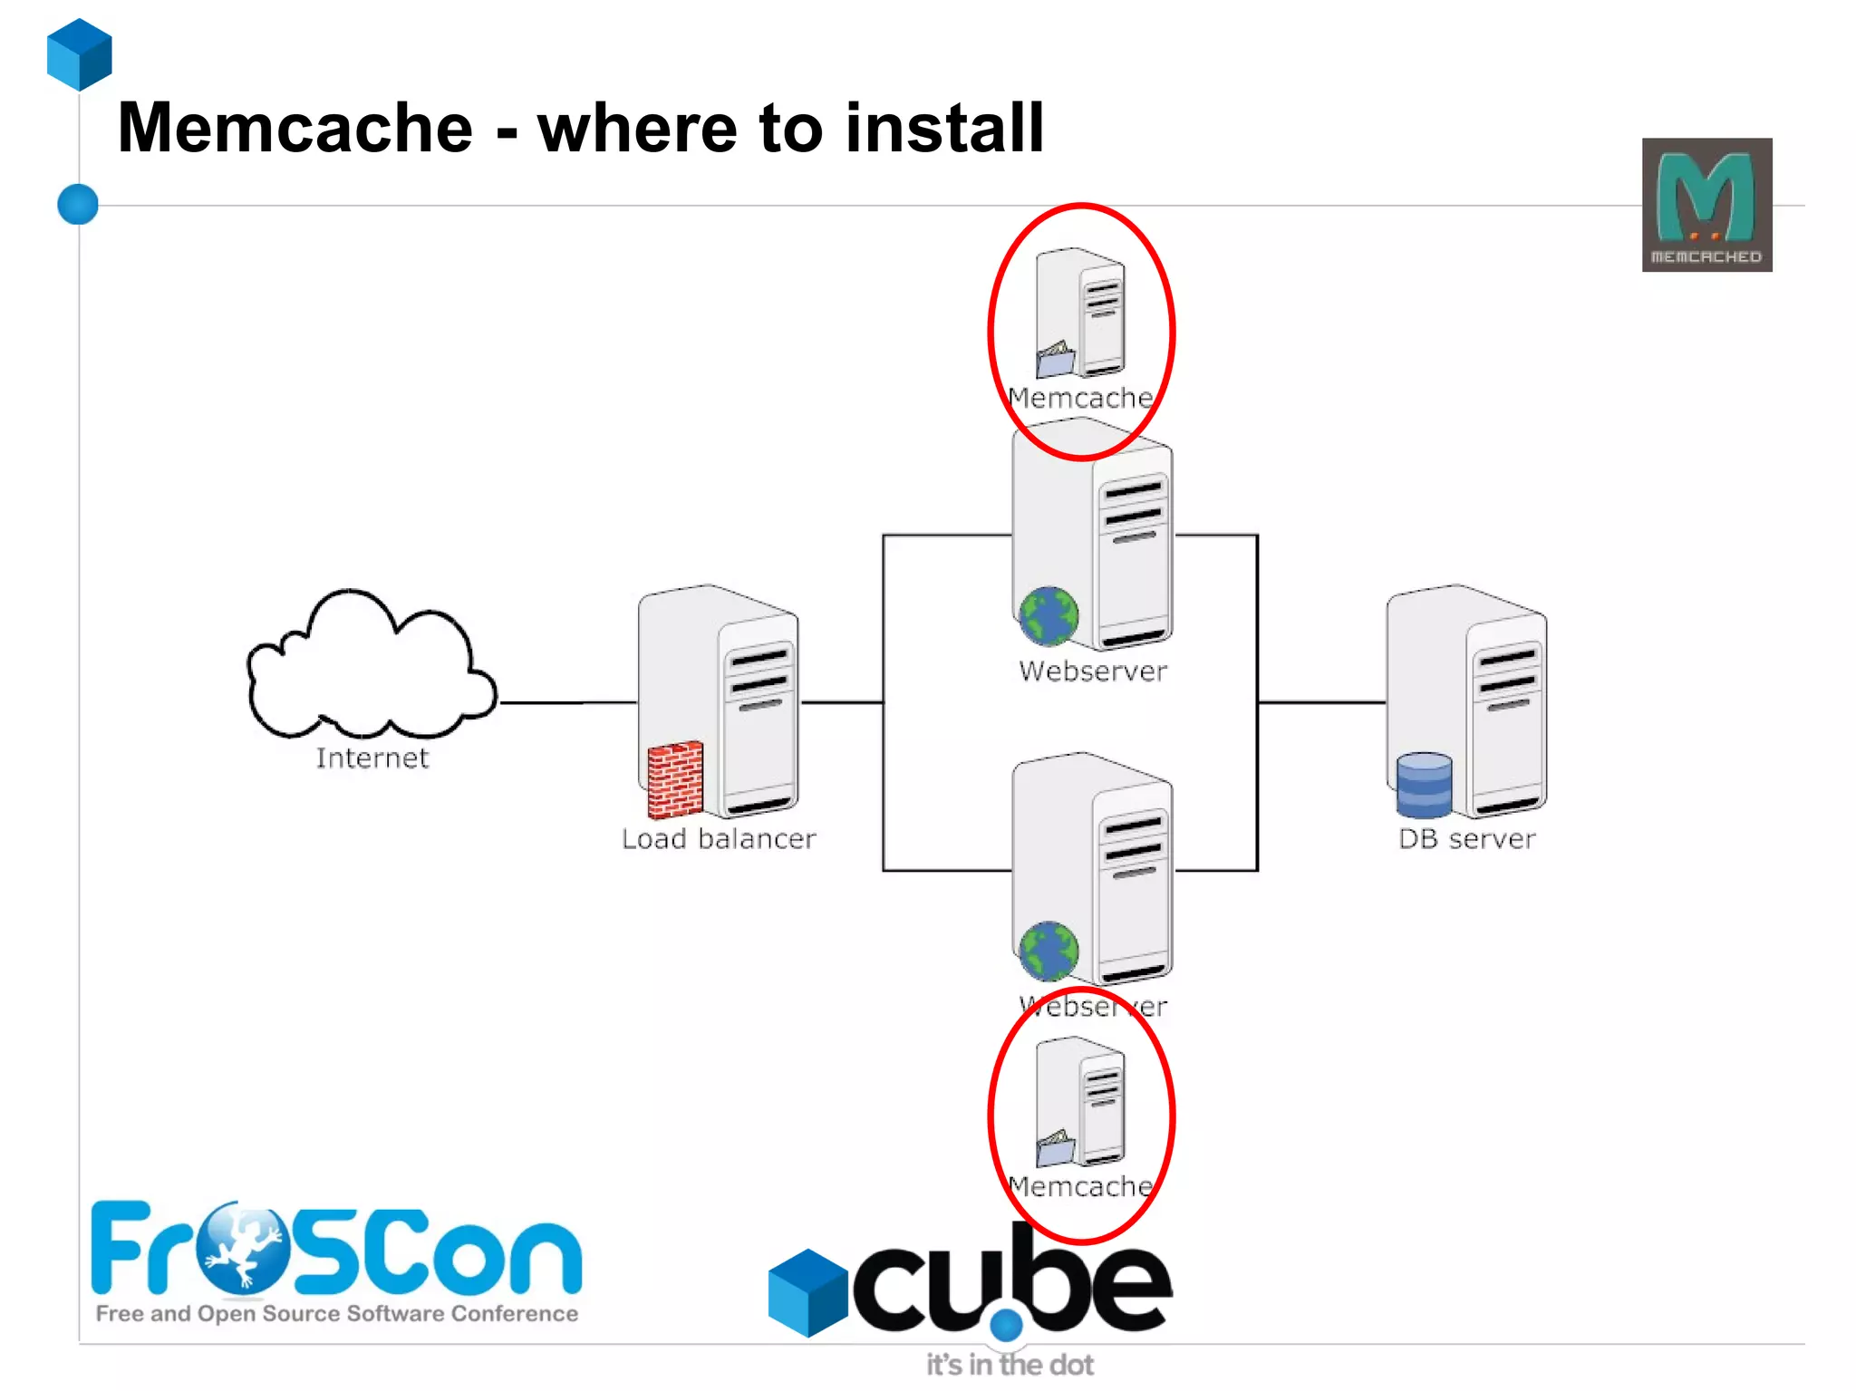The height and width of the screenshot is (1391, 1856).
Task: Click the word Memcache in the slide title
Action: (x=295, y=128)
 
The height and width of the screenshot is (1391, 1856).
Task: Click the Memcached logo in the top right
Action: (x=1706, y=205)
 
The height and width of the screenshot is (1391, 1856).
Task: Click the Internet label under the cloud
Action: (x=372, y=758)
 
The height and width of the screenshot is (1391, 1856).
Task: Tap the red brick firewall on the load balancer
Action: (x=675, y=778)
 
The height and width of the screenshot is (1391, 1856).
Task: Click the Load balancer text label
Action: (x=719, y=839)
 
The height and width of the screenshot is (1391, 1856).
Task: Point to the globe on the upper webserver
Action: (x=1049, y=616)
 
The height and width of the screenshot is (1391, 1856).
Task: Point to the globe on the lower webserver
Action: (x=1049, y=951)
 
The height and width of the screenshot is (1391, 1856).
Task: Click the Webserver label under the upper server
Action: (x=1093, y=671)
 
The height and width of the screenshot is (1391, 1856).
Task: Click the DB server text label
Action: (x=1466, y=839)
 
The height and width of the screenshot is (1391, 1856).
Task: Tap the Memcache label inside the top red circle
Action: (x=1080, y=398)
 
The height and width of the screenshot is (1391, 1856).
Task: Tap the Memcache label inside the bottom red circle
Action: (x=1080, y=1186)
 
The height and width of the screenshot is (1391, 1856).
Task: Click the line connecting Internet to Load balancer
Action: (x=566, y=702)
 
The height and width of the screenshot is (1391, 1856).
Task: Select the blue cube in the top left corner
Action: (x=80, y=54)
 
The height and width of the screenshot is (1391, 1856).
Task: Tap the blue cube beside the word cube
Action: (x=807, y=1292)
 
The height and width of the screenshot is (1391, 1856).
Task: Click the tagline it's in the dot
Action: (x=1010, y=1365)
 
